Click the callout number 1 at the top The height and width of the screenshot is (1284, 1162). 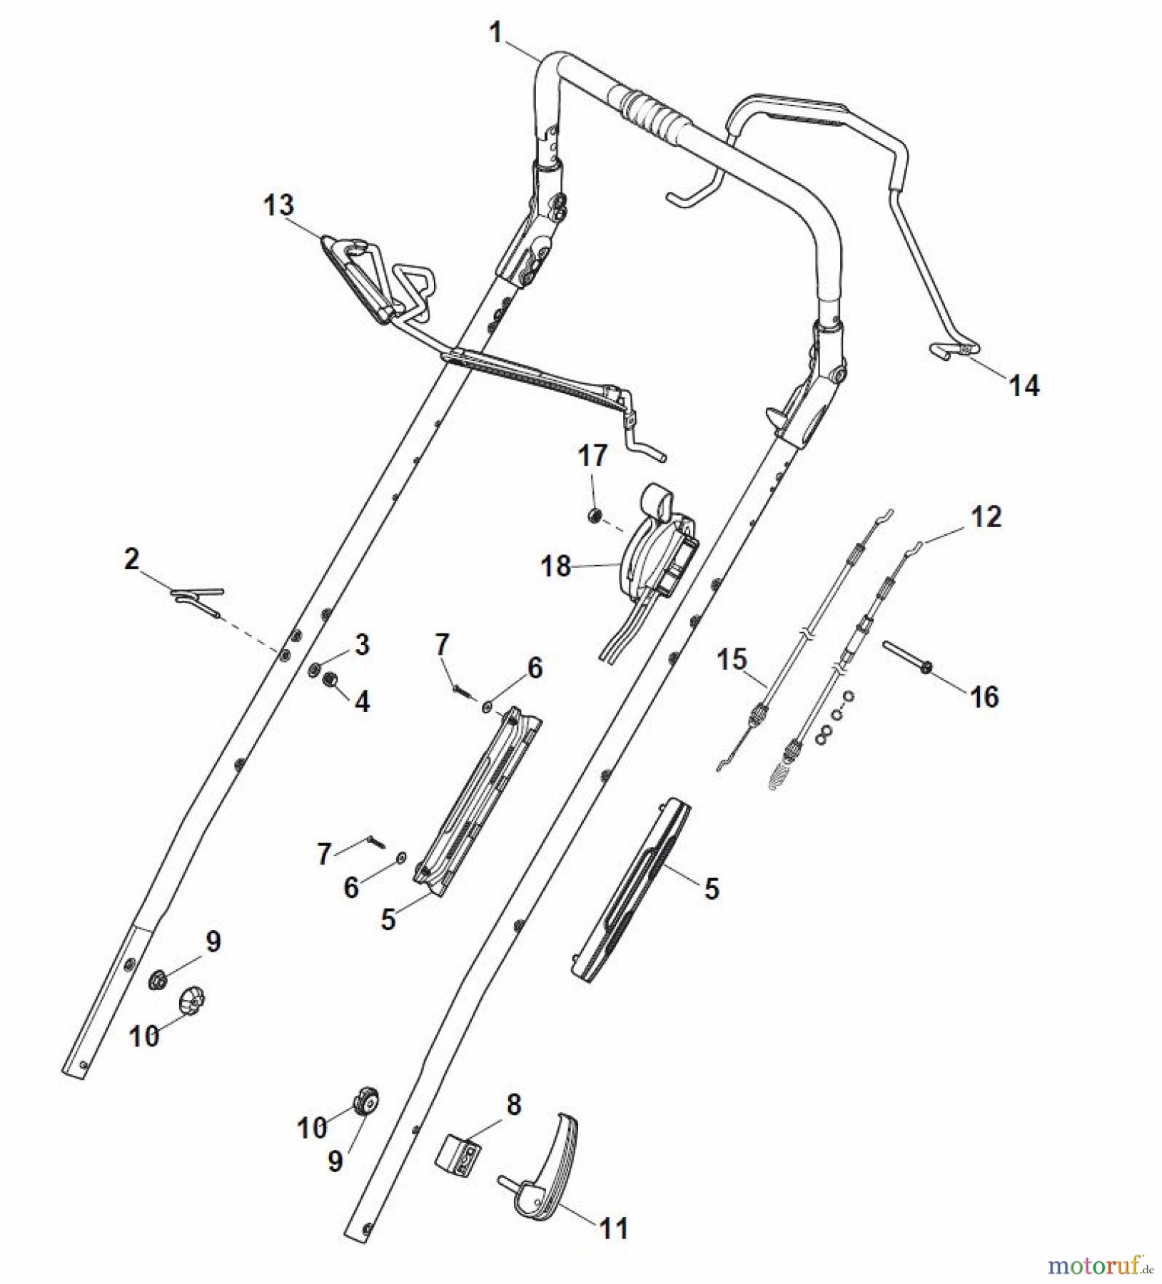coord(496,33)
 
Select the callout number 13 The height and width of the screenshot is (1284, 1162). coord(278,205)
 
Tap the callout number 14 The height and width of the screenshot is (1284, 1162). coord(1024,386)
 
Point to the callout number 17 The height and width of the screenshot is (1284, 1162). coord(592,456)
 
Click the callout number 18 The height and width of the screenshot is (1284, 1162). coord(556,566)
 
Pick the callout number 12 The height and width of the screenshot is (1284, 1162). coord(986,517)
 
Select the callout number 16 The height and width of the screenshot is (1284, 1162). coord(984,697)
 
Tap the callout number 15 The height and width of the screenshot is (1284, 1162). coord(732,659)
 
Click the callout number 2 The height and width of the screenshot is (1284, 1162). coord(131,559)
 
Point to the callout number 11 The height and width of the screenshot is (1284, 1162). coord(614,1228)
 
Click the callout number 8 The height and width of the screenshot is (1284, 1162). coord(514,1105)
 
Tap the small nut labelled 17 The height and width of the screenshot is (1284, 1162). coord(593,515)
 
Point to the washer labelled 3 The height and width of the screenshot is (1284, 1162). coord(314,670)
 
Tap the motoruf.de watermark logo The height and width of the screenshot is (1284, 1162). coord(1099,1266)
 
